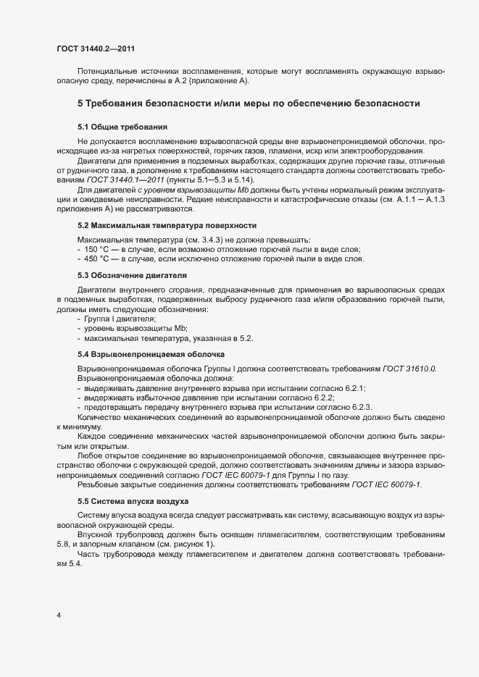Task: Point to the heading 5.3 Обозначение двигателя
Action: (132, 276)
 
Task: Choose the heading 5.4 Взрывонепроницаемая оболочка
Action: (151, 354)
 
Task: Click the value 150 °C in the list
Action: (99, 249)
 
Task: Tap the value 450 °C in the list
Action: (99, 258)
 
